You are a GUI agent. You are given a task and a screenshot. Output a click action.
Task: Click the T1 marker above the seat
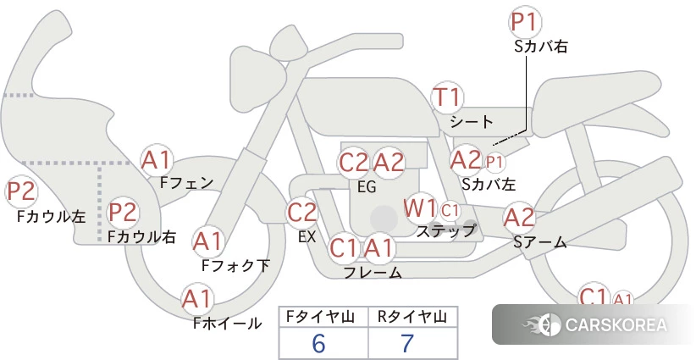pos(447,97)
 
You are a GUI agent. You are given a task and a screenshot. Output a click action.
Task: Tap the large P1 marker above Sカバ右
pos(526,22)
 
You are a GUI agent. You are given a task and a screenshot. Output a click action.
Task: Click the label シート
pos(472,122)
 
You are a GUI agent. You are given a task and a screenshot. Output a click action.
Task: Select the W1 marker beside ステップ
pos(420,208)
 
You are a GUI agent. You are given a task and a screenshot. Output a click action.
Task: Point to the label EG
pos(367,187)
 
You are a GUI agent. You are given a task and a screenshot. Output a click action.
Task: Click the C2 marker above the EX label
pos(301,212)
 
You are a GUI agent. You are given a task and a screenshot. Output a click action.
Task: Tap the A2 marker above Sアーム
pos(519,218)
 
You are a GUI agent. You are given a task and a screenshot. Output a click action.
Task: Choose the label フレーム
pos(373,272)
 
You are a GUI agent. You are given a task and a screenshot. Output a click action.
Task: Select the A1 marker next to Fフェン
pos(156,160)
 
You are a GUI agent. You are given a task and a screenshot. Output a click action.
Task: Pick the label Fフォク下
pos(235,265)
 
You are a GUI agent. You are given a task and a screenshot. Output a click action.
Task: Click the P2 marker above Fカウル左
pos(21,191)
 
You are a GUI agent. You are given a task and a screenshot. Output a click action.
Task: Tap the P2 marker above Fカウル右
pos(123,212)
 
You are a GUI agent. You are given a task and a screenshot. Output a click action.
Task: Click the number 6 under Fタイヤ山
pos(318,343)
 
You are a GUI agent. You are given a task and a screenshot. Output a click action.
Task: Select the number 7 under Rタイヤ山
pos(407,343)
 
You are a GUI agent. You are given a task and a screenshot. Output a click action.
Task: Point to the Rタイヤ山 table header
pos(412,317)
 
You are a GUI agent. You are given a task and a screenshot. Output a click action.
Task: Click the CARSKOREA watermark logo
pos(594,324)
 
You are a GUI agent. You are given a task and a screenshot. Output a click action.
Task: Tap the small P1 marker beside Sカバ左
pos(494,163)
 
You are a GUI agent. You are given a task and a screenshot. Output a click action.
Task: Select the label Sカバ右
pos(541,47)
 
